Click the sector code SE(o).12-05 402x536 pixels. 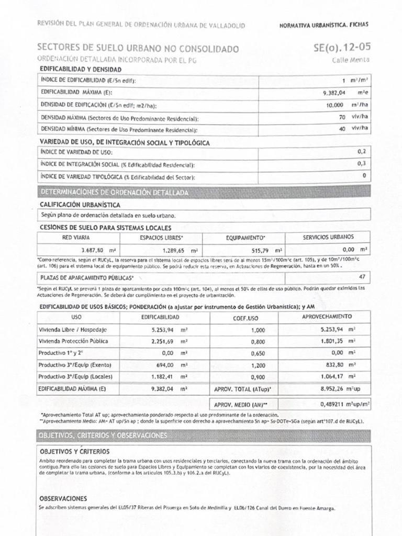click(341, 48)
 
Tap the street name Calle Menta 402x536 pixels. click(351, 60)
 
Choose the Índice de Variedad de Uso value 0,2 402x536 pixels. click(361, 151)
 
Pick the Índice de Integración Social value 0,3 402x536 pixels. click(361, 163)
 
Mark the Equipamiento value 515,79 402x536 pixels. click(262, 250)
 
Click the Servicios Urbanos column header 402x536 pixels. click(328, 237)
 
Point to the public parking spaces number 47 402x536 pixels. click(362, 276)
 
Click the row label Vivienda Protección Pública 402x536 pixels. click(74, 341)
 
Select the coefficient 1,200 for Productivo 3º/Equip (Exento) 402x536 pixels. click(258, 365)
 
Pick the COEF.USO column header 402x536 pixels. click(245, 318)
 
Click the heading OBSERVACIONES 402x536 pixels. click(63, 498)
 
